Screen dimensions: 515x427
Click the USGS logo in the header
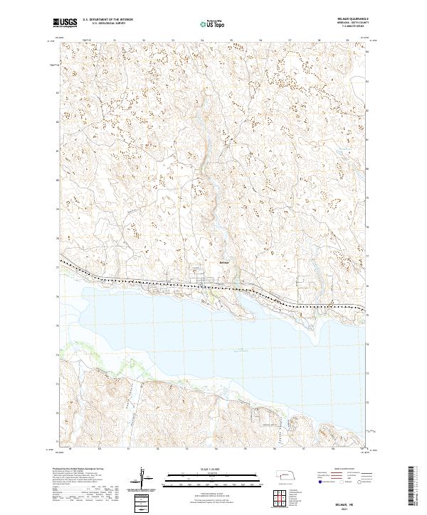(x=65, y=23)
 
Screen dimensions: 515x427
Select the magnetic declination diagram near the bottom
(x=143, y=477)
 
